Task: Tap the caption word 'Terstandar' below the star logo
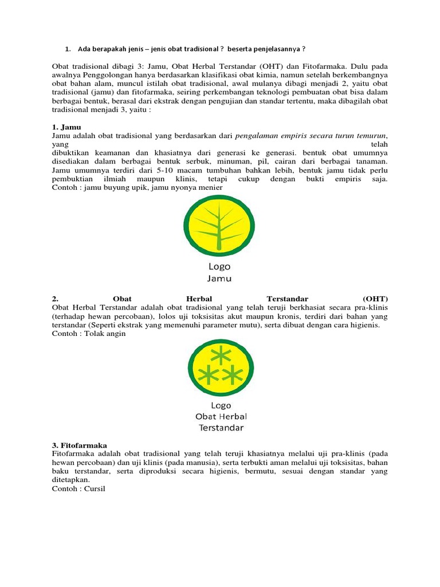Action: [x=221, y=428]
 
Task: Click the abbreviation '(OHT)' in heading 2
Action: [x=375, y=299]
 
